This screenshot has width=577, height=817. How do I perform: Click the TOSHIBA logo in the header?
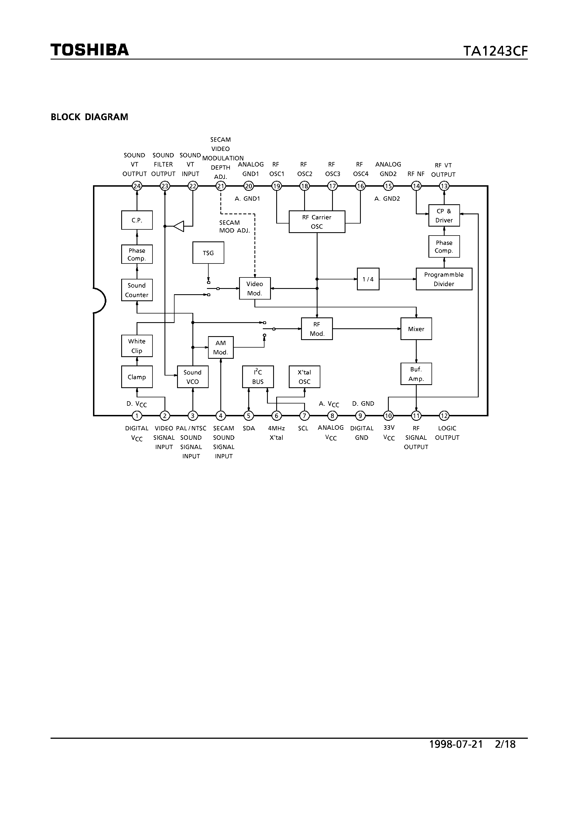pos(90,50)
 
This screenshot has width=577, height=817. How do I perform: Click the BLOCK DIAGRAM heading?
pos(89,117)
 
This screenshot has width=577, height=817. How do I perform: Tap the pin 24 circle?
pos(137,186)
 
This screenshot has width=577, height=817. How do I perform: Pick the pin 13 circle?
pos(444,186)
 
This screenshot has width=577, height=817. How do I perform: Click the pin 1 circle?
pos(137,415)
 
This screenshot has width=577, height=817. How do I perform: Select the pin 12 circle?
pos(444,415)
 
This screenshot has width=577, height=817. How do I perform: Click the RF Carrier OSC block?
pos(317,222)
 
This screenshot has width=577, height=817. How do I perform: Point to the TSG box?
pos(208,253)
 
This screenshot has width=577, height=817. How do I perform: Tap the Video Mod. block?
pos(255,288)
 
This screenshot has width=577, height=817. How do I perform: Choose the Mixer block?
pos(416,329)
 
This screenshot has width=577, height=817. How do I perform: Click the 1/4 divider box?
pos(368,279)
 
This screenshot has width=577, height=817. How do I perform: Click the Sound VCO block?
pos(192,376)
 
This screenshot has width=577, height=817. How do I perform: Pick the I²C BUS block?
pos(257,376)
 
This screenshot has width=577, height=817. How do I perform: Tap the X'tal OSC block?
pos(304,376)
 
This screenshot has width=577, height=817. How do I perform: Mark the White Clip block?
pos(137,346)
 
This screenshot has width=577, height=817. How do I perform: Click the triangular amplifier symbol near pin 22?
pos(179,226)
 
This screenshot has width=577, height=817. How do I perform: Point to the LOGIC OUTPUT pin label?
pos(447,433)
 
